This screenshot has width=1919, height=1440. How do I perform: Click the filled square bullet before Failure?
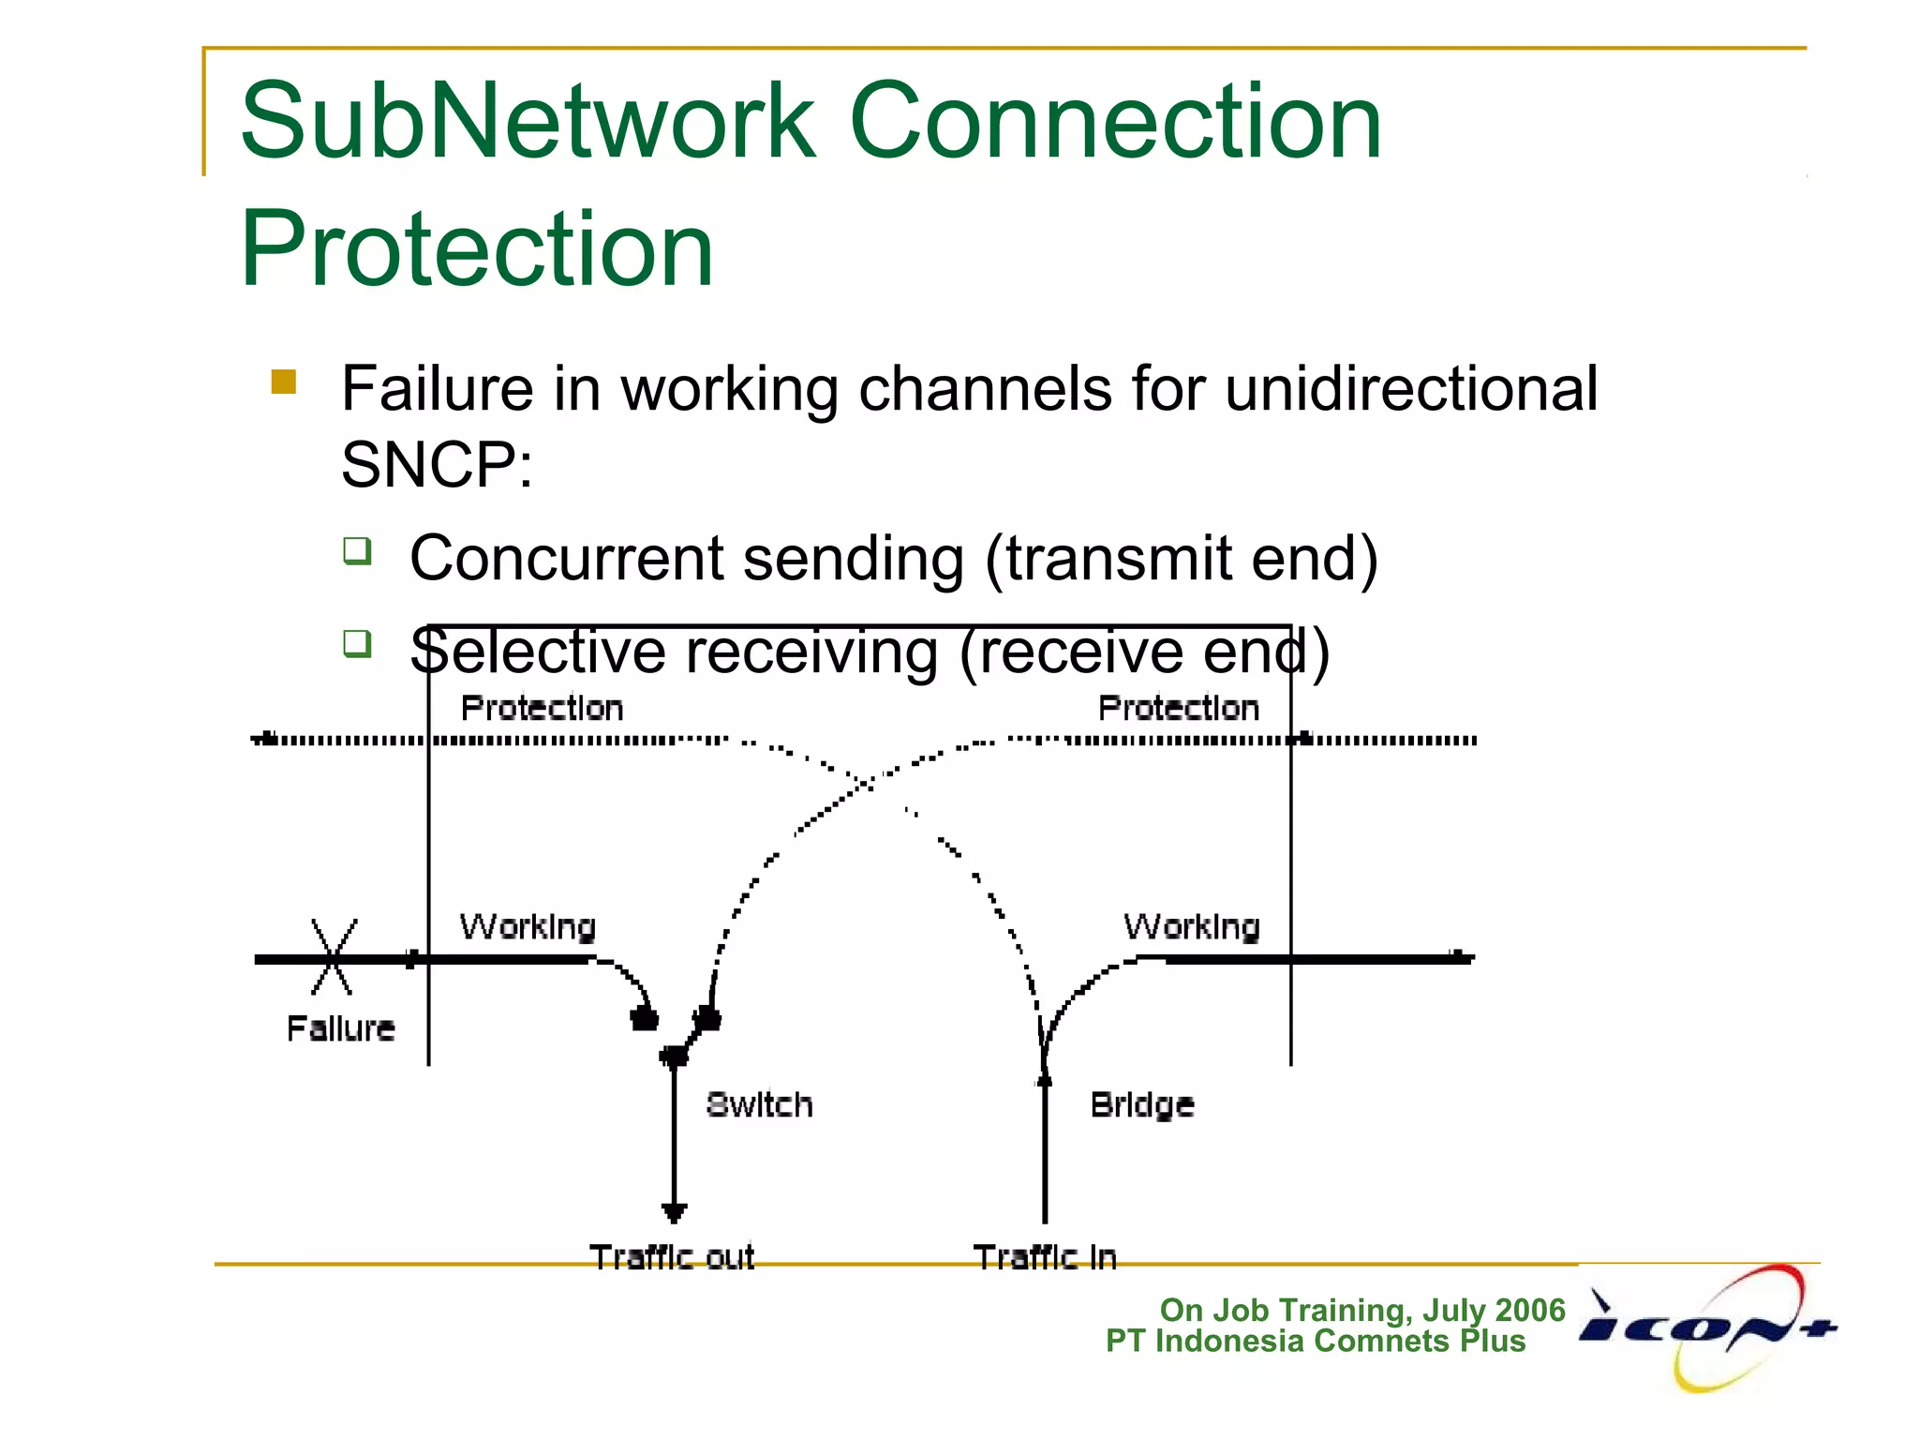coord(283,382)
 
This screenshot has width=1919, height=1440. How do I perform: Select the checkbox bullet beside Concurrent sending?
coord(357,550)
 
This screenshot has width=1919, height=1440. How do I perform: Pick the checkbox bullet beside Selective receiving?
coord(357,643)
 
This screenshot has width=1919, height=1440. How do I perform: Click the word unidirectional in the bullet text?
coord(1410,389)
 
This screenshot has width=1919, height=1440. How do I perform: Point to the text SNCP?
coord(437,465)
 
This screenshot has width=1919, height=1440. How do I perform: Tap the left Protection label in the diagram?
coord(542,709)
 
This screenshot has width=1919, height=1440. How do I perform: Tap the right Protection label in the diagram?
coord(1178,709)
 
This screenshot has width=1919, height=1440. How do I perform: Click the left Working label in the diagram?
coord(528,927)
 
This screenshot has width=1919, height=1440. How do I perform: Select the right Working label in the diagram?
coord(1191,927)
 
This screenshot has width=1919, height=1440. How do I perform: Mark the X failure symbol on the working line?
coord(333,957)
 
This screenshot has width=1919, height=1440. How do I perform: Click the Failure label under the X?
coord(340,1028)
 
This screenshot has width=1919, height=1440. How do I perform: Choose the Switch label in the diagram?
coord(759,1104)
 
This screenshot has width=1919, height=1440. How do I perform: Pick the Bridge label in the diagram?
coord(1141,1105)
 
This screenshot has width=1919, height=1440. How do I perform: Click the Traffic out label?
coord(672,1256)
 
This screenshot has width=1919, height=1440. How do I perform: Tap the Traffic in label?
coord(1045,1256)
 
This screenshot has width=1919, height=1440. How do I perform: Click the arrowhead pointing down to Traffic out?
coord(674,1212)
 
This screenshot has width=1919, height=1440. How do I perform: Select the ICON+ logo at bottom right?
coord(1707,1327)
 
